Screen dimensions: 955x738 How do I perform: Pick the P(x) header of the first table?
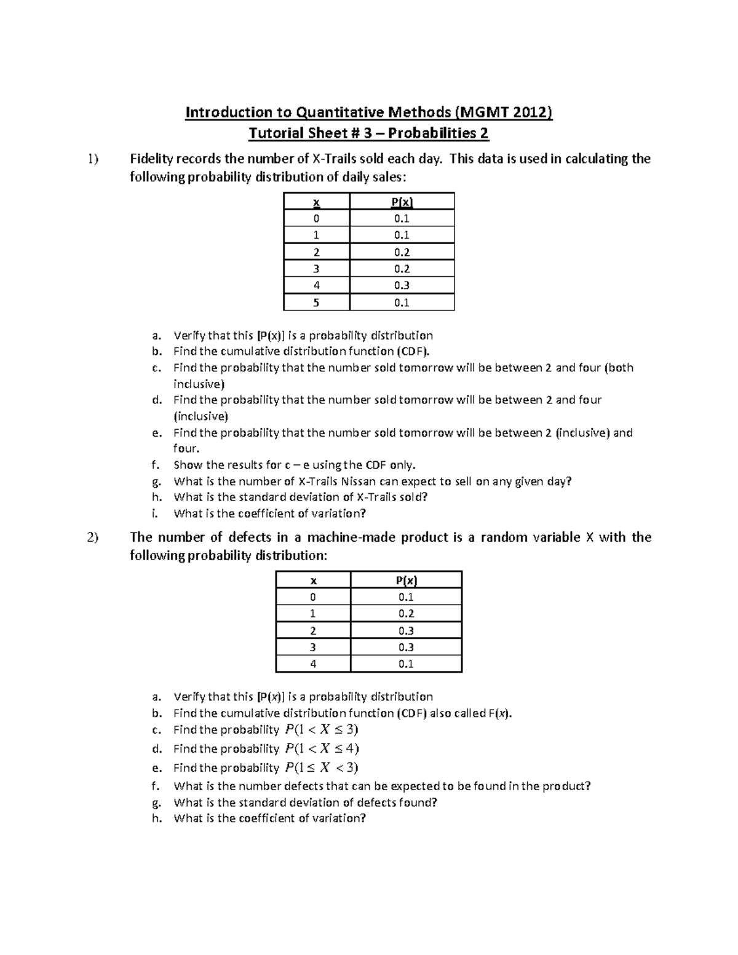[x=402, y=202]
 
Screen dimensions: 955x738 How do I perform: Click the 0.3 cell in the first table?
[x=402, y=285]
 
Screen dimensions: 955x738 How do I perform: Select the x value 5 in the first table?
[x=316, y=303]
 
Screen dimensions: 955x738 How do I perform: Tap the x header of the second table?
[x=313, y=581]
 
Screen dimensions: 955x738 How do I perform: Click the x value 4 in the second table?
[x=313, y=664]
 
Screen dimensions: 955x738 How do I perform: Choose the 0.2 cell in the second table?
[x=406, y=614]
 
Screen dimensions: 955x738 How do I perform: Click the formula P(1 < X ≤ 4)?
[x=322, y=748]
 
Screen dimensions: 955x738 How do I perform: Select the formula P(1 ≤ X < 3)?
[x=321, y=767]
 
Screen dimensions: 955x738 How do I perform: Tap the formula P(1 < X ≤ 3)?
[x=321, y=730]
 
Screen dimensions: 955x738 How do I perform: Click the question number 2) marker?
[x=92, y=537]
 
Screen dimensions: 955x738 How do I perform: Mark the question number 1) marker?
[x=92, y=159]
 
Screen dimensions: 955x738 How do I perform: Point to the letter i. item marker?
[x=155, y=513]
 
